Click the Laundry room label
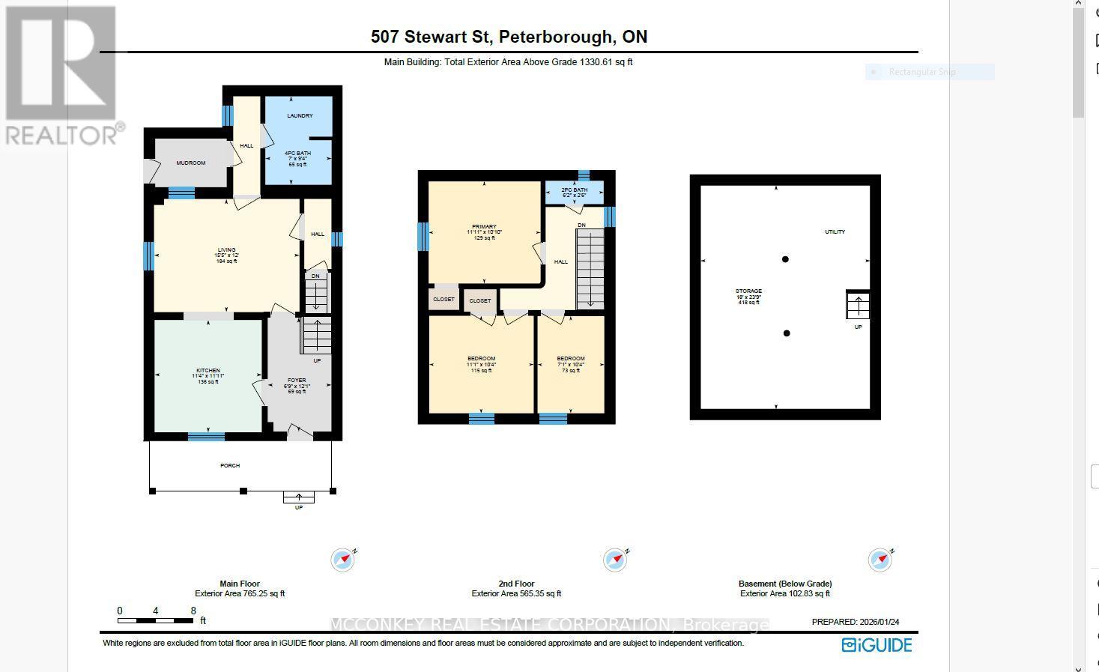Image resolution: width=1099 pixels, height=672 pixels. tap(300, 115)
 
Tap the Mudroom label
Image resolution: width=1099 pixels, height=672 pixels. tap(190, 163)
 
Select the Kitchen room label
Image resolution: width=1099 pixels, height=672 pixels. tap(208, 371)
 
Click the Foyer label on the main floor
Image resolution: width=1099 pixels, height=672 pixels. tap(297, 381)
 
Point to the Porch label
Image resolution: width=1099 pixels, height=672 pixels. tap(230, 465)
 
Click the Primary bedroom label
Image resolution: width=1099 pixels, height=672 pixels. tap(484, 226)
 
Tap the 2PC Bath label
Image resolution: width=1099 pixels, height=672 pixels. tap(575, 190)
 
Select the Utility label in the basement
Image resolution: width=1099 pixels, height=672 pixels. tap(835, 231)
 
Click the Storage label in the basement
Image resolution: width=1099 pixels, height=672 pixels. tap(748, 291)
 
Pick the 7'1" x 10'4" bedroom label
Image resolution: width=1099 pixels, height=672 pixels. tap(571, 359)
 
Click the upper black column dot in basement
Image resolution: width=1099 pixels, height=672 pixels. tap(785, 259)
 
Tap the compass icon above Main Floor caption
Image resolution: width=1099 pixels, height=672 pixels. tap(343, 560)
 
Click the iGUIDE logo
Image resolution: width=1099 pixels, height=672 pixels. tap(877, 645)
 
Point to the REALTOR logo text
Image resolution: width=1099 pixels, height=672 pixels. tap(62, 135)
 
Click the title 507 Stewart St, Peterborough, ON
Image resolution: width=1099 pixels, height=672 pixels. tap(509, 37)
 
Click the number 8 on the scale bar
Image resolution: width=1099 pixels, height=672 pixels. tap(193, 611)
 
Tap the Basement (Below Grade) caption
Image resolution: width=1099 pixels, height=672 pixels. tap(785, 584)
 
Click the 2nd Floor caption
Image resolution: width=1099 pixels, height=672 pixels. tap(516, 584)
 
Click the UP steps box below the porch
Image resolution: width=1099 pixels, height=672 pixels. tap(298, 497)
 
